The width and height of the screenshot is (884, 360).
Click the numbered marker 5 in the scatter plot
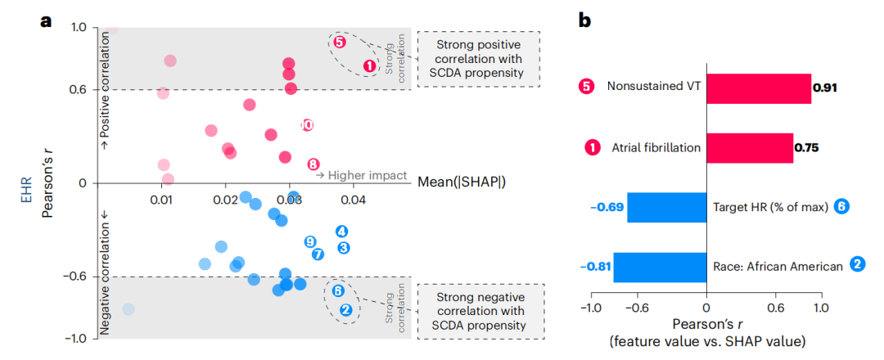(340, 42)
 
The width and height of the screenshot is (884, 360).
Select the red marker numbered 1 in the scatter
(368, 65)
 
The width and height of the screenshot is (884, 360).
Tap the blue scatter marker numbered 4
(341, 232)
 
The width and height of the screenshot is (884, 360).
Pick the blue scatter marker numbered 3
(344, 247)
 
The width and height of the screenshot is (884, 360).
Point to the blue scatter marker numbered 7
(318, 254)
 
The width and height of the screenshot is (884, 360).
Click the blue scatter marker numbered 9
(309, 241)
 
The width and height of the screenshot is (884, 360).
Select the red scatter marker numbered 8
(313, 164)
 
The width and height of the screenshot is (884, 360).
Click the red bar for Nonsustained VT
(758, 88)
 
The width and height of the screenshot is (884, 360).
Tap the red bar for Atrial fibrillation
(749, 148)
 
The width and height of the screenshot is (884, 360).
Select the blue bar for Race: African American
(660, 267)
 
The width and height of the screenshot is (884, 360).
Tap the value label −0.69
(607, 207)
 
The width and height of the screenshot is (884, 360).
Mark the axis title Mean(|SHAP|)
(461, 182)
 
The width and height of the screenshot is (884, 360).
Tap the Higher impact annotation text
(363, 175)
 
